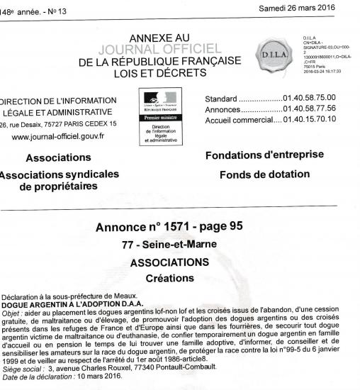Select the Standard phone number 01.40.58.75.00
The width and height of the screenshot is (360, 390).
pos(311,98)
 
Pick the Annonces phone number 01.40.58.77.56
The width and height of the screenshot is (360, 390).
pos(311,109)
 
